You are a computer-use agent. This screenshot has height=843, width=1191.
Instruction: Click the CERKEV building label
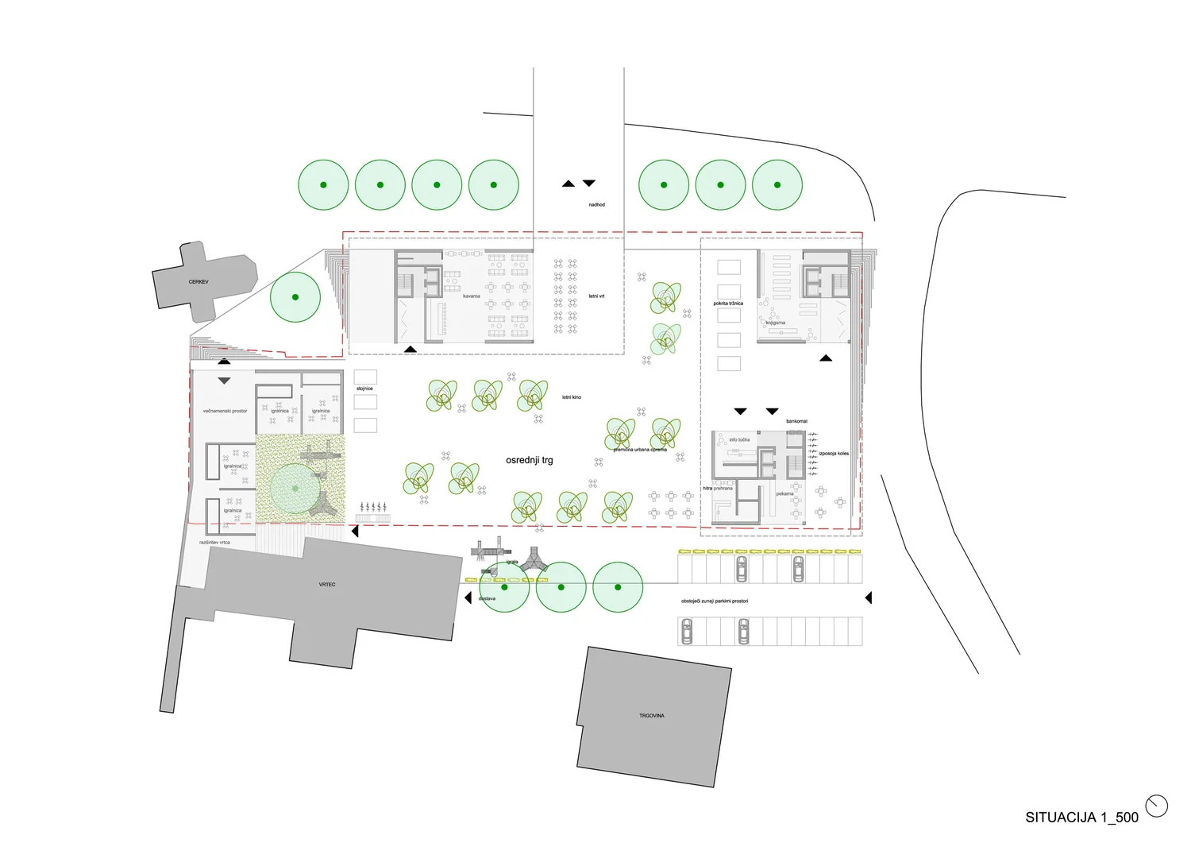click(198, 282)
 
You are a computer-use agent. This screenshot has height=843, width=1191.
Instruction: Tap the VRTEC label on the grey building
click(327, 585)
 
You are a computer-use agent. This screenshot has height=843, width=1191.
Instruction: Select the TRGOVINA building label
click(652, 716)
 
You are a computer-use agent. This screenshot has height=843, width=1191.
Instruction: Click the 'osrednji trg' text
click(530, 460)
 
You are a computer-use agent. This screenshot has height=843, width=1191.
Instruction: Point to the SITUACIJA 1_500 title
click(1081, 817)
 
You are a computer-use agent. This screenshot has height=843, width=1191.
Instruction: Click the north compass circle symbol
click(1157, 806)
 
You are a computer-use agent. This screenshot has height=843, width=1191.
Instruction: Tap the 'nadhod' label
click(597, 205)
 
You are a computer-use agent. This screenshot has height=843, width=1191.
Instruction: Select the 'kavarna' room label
click(472, 296)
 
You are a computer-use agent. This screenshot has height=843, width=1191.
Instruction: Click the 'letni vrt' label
click(597, 296)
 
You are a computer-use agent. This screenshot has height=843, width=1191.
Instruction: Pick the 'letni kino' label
click(572, 397)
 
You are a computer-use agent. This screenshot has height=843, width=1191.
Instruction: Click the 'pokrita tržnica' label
click(728, 304)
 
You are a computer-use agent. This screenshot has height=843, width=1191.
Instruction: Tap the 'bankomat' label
click(797, 421)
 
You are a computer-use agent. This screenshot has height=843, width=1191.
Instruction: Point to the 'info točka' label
click(739, 440)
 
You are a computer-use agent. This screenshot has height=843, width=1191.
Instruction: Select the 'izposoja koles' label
click(834, 454)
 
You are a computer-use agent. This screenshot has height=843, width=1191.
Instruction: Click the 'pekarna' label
click(785, 494)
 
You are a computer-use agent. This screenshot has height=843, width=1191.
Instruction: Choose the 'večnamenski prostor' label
click(225, 412)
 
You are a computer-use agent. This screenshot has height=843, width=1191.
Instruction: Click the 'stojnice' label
click(364, 389)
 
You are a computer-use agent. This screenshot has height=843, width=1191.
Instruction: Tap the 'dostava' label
click(488, 599)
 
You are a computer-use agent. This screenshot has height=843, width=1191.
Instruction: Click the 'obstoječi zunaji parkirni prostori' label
click(715, 601)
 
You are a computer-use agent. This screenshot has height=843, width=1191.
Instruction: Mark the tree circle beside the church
click(295, 297)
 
